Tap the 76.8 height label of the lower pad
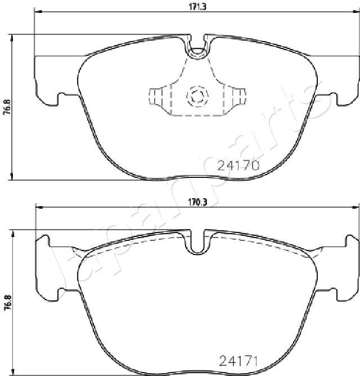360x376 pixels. click(7, 302)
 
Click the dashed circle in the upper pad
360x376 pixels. click(197, 96)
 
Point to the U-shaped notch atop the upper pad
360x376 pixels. click(197, 50)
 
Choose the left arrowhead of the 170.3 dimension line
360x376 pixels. click(38, 209)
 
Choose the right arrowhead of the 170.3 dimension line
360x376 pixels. click(355, 209)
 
